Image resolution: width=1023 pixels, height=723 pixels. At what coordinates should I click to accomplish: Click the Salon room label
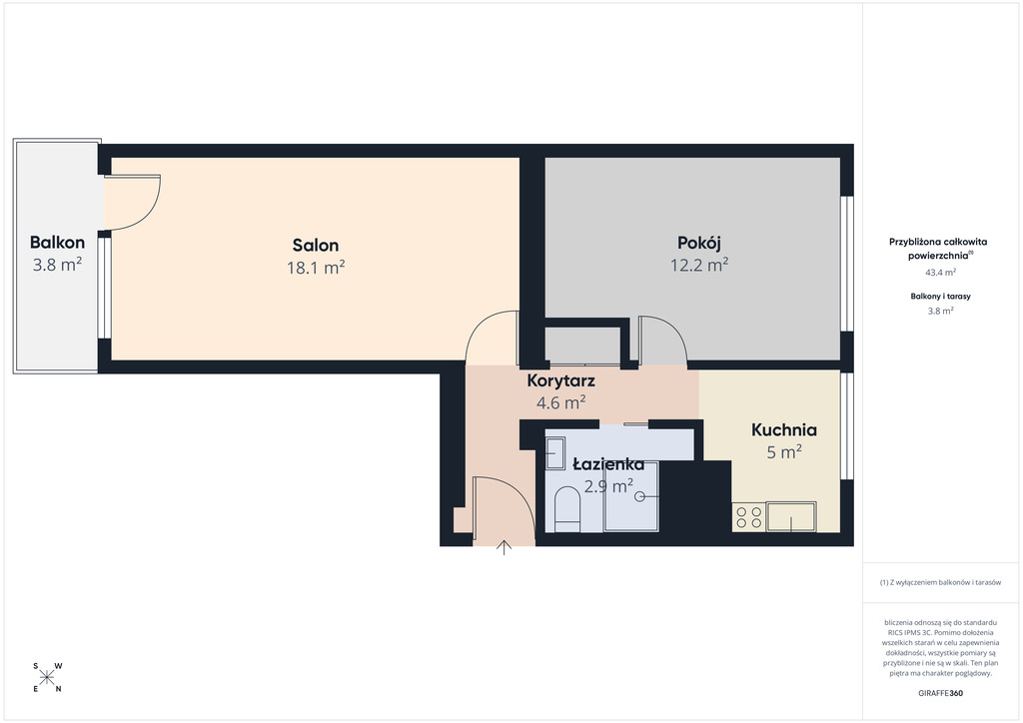315,245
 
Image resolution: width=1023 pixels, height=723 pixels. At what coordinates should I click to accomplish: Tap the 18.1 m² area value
316,268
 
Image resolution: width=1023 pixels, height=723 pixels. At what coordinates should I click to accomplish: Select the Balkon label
57,243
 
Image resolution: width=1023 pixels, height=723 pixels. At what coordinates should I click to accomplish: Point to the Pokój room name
698,244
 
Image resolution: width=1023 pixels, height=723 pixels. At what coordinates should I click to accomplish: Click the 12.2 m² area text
699,265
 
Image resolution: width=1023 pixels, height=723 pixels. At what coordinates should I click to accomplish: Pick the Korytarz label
561,380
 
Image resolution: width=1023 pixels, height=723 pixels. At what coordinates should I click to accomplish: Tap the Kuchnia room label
783,429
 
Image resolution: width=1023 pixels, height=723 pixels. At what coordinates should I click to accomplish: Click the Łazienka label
608,464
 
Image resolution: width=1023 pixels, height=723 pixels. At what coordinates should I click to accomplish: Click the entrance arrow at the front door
504,547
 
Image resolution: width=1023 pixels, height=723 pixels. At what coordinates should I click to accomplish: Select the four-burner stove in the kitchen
749,517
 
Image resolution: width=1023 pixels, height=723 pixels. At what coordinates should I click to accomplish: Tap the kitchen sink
791,516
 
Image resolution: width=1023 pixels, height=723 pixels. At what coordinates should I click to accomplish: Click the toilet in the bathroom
567,510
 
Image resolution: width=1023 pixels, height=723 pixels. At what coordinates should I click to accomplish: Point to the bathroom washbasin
555,453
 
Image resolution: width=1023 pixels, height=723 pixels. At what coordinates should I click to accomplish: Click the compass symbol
47,677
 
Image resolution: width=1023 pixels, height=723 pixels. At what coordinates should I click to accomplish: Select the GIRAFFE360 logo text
940,693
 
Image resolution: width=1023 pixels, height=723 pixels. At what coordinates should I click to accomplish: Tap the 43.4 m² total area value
941,273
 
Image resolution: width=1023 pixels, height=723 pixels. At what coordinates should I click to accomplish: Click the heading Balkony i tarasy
941,296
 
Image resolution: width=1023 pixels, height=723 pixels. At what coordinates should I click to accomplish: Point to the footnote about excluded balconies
940,582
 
